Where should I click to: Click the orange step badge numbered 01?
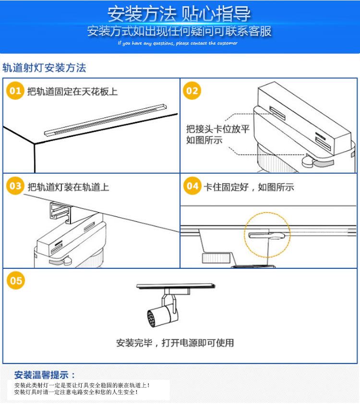tap(15, 91)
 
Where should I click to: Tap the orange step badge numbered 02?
tap(192, 91)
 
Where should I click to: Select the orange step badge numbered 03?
tap(15, 186)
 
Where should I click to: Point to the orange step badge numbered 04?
tap(192, 186)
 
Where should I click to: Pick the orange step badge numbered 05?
tap(16, 280)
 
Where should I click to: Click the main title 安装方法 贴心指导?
tap(179, 14)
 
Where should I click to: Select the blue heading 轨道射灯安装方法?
tap(44, 68)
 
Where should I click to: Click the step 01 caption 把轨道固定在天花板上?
tap(72, 92)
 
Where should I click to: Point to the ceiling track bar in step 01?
tap(105, 120)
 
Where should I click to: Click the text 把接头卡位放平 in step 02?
tap(218, 129)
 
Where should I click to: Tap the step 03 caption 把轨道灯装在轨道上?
tap(68, 187)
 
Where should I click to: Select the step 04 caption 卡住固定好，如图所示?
tap(249, 187)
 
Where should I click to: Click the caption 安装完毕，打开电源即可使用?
tap(175, 343)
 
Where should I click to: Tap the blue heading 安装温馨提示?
tap(45, 375)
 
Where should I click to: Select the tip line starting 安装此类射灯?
tap(82, 385)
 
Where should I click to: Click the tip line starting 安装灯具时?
tap(76, 392)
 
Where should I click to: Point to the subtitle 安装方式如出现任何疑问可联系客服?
tap(179, 31)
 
